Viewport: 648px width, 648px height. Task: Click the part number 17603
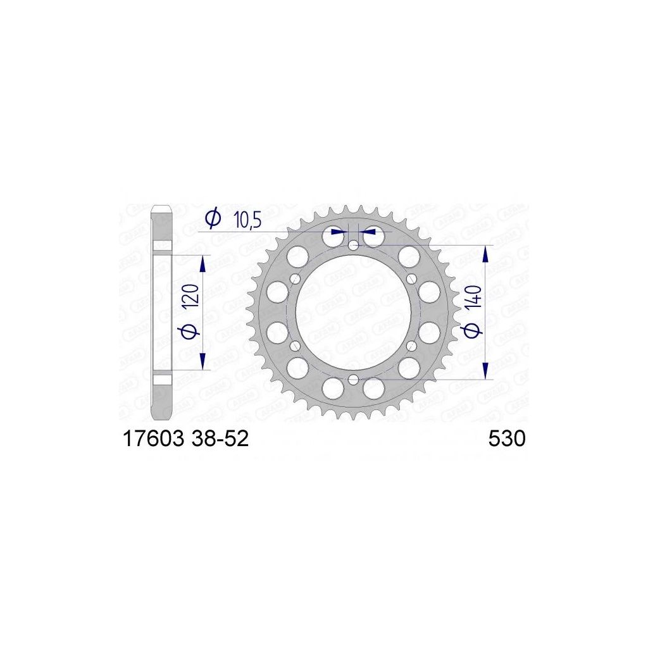pos(153,439)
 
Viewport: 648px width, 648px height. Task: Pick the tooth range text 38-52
pos(220,439)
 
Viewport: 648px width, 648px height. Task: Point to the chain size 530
pos(507,439)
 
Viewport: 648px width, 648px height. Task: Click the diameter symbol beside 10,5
pos(213,218)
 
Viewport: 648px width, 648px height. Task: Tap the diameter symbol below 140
pos(473,330)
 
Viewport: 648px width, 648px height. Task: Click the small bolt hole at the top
pos(353,246)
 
